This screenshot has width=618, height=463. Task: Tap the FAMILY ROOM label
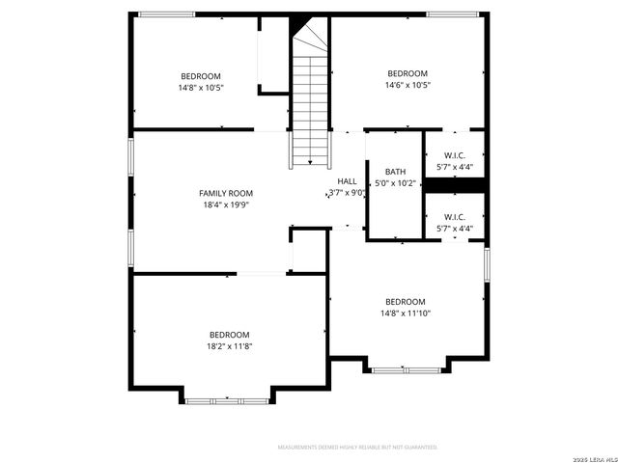pyautogui.click(x=226, y=193)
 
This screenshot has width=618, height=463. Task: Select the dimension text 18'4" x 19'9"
pyautogui.click(x=226, y=204)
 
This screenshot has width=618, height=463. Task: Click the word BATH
pyautogui.click(x=396, y=172)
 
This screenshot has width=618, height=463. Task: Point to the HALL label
pyautogui.click(x=347, y=181)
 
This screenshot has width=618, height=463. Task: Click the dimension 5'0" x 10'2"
pyautogui.click(x=396, y=182)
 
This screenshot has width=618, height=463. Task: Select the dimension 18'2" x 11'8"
pyautogui.click(x=230, y=346)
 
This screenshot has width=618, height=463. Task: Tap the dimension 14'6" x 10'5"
pyautogui.click(x=407, y=85)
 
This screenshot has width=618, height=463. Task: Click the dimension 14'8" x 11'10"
pyautogui.click(x=406, y=313)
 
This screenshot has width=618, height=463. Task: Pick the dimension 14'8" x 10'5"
pyautogui.click(x=201, y=88)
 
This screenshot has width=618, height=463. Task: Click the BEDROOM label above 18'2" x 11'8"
pyautogui.click(x=230, y=335)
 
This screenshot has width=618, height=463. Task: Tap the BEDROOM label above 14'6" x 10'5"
pyautogui.click(x=407, y=73)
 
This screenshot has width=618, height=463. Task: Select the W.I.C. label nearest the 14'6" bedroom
pyautogui.click(x=456, y=155)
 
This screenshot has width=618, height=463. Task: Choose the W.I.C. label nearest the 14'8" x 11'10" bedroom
pyautogui.click(x=456, y=217)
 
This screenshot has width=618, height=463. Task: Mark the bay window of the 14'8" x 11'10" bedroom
pyautogui.click(x=406, y=369)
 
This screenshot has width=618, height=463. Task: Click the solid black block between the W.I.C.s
pyautogui.click(x=455, y=185)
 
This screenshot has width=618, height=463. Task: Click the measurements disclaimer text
pyautogui.click(x=357, y=448)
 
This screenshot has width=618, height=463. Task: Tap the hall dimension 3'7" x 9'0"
pyautogui.click(x=348, y=192)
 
